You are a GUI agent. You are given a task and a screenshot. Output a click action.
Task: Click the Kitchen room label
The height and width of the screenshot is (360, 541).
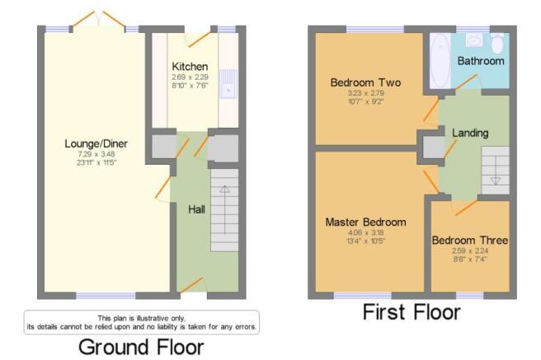tap(190, 66)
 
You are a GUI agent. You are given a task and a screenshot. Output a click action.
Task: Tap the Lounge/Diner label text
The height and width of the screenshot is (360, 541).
tap(96, 143)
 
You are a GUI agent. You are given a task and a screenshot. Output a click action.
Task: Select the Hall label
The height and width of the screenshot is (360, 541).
tap(196, 209)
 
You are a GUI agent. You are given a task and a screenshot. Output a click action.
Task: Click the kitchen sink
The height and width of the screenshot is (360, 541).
tap(228, 84)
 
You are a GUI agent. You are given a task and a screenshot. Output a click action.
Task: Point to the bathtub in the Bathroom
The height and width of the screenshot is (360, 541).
tap(440, 61)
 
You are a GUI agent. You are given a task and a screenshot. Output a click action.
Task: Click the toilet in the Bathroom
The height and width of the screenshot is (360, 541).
tap(497, 43)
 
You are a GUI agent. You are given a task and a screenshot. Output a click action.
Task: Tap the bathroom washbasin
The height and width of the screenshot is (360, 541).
tap(474, 40)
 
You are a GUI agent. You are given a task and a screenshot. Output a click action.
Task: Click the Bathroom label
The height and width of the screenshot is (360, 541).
tap(481, 61)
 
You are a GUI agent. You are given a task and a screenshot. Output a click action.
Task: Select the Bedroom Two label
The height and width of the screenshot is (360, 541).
tap(365, 82)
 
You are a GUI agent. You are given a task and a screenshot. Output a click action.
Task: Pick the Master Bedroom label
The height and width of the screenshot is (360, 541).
tap(365, 222)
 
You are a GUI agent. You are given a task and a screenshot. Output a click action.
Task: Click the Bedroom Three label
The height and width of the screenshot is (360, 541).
tap(470, 240)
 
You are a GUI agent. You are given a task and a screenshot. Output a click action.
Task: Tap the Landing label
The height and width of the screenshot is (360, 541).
tap(470, 133)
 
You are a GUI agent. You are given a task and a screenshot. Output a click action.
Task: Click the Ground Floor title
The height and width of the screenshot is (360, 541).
tap(141, 347)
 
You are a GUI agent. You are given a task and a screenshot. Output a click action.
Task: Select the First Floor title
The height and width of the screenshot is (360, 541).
tap(412, 311)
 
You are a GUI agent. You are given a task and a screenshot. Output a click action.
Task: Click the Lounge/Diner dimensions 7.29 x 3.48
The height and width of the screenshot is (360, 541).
tap(96, 154)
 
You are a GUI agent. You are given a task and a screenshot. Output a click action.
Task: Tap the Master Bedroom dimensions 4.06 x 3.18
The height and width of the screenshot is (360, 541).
tap(365, 232)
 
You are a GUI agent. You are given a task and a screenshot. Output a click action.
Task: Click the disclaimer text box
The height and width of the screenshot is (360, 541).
tap(142, 322)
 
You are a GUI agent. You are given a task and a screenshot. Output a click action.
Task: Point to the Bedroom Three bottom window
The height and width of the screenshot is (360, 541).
tap(469, 296)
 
